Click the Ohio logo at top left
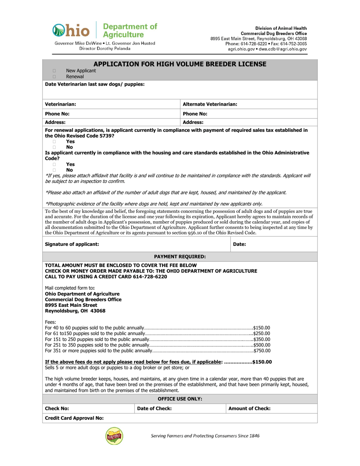click(71, 31)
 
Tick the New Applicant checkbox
click(54, 71)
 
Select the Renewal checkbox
click(54, 77)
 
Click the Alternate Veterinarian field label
click(210, 104)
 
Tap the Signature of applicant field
click(136, 244)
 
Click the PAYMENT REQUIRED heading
click(180, 256)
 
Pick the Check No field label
click(57, 408)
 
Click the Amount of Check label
click(249, 408)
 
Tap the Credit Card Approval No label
click(74, 418)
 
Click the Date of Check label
click(154, 408)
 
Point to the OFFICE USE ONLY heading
click(180, 399)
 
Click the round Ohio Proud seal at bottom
click(114, 436)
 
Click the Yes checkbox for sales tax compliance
click(54, 141)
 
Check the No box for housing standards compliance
click(54, 170)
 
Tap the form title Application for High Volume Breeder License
click(180, 64)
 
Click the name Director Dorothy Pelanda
click(105, 48)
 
